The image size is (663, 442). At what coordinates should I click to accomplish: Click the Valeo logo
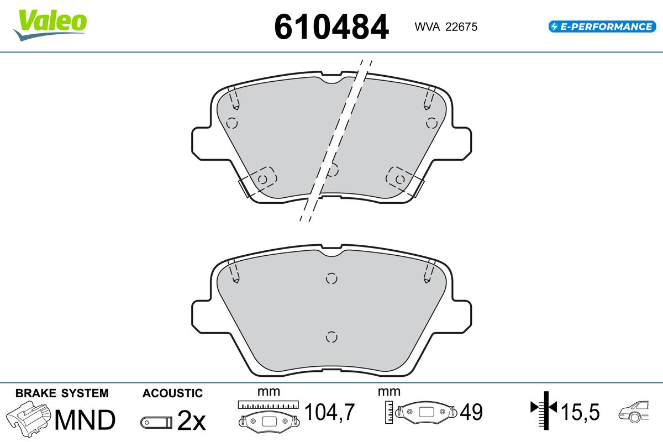coord(50,25)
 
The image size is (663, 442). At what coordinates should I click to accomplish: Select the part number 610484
coord(331,27)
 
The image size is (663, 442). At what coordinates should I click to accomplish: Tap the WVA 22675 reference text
coord(446,27)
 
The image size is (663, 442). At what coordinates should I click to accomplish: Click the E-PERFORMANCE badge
coord(602,27)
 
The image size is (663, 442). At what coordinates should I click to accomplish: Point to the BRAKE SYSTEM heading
coord(62,393)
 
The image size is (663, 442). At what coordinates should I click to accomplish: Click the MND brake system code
coord(85,420)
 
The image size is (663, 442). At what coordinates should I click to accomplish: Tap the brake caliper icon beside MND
coord(28,419)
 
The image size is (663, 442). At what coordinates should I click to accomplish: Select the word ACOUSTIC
coord(172,393)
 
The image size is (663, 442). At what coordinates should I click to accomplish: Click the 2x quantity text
coord(191,421)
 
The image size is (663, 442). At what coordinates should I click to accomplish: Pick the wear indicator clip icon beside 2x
coord(156,423)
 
